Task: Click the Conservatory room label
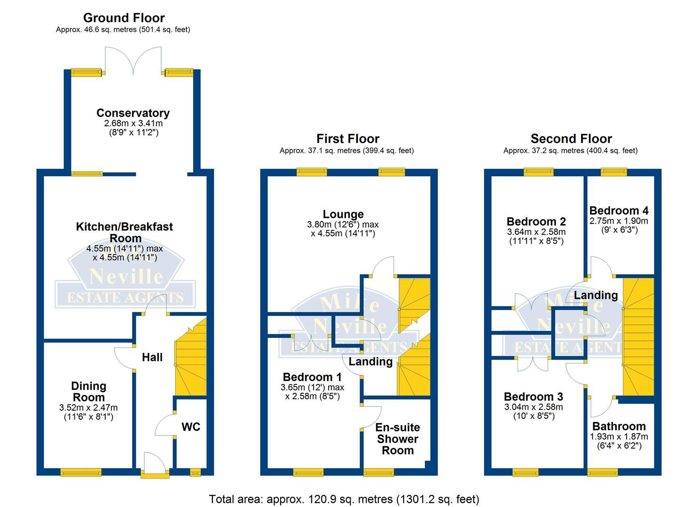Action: pos(133,113)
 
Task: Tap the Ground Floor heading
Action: pos(124,18)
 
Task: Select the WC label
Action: pos(191,427)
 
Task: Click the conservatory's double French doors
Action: pos(133,61)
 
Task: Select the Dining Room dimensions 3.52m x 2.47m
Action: pos(88,407)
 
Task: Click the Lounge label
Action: pos(343,215)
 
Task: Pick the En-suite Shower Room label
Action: pos(398,439)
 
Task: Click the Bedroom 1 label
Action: pos(312,377)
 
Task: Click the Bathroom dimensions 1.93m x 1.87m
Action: pos(619,437)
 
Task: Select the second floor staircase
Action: pos(638,336)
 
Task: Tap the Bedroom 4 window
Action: pos(614,172)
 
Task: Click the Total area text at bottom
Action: pos(344,499)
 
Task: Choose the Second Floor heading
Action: pos(571,139)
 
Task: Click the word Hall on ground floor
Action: pos(152,357)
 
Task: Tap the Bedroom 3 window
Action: pos(525,472)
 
